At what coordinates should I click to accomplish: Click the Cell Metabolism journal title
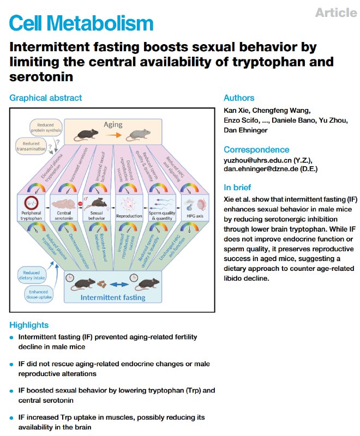81,23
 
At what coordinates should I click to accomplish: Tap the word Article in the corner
336,13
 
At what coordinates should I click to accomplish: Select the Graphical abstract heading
46,98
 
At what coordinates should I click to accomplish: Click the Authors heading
239,98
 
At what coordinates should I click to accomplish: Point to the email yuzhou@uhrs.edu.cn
257,160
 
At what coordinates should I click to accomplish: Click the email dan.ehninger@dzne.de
261,169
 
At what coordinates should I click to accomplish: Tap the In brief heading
237,187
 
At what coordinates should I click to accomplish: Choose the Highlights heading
29,325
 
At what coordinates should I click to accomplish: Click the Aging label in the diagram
113,125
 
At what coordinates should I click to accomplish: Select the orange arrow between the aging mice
113,135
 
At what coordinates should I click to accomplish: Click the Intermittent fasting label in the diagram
113,298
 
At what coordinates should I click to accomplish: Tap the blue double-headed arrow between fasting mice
119,284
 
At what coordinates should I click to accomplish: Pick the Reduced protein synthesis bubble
46,128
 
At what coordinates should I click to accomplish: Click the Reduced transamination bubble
31,146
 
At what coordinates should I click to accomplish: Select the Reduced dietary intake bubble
32,275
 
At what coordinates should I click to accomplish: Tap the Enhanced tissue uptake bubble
39,294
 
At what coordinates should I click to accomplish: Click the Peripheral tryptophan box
31,208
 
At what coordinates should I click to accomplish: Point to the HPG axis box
195,208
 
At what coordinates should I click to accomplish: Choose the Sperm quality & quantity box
162,208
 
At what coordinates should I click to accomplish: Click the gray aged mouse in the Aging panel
138,135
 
